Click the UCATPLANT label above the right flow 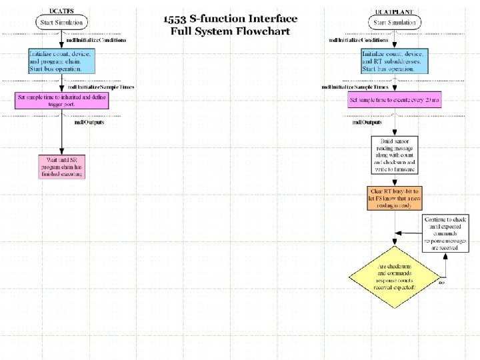[x=394, y=11]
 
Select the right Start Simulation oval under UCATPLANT [x=394, y=23]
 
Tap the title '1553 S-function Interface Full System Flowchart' [x=230, y=25]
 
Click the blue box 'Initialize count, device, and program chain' [x=61, y=61]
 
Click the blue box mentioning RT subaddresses [x=394, y=61]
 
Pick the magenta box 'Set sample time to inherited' [x=61, y=100]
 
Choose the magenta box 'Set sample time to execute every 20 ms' [x=394, y=101]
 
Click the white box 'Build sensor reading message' [x=394, y=154]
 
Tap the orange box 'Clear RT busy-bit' [x=394, y=197]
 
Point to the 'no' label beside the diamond [x=441, y=283]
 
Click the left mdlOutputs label [x=89, y=122]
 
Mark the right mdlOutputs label [x=367, y=122]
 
